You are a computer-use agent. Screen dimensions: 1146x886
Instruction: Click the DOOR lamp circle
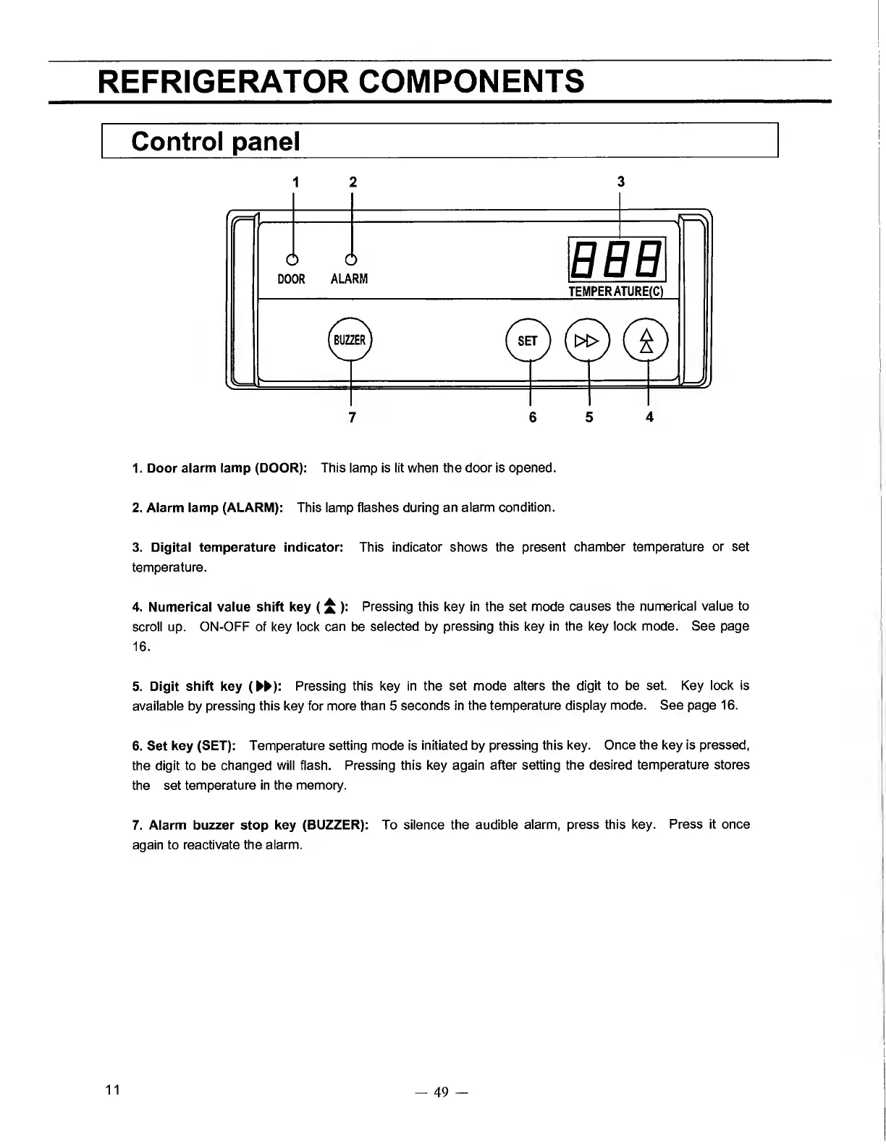[292, 260]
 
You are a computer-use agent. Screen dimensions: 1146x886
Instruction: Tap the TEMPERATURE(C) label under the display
[616, 292]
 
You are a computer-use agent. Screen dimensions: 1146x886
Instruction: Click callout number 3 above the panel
[620, 181]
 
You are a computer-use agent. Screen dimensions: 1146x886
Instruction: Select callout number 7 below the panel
[352, 417]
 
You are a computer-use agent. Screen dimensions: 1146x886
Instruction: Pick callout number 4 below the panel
[649, 417]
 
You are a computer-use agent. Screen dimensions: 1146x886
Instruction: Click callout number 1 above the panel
[294, 181]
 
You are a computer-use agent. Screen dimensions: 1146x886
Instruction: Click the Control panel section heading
[215, 141]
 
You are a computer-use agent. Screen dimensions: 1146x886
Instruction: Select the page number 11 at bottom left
[112, 1090]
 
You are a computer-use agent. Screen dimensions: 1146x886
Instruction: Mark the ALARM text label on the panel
[349, 279]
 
